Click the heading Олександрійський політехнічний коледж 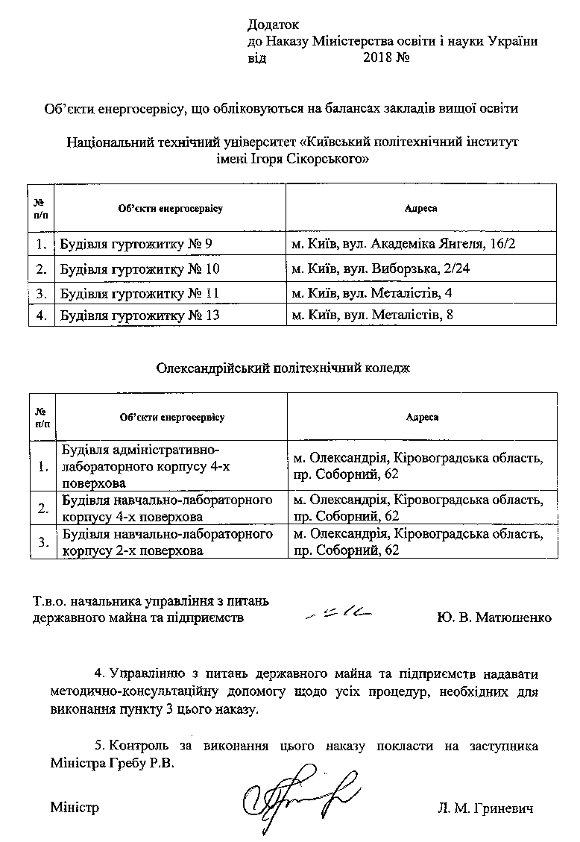click(283, 368)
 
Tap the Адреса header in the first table click(420, 209)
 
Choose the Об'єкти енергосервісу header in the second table click(171, 418)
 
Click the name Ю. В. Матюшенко click(494, 618)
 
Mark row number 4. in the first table click(41, 315)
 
